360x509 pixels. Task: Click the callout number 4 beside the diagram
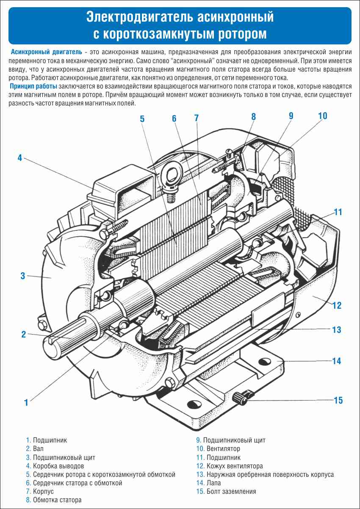click(x=19, y=158)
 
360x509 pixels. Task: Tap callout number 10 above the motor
click(x=322, y=116)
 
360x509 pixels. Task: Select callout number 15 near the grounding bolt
click(x=338, y=400)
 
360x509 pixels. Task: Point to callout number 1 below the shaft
click(x=26, y=402)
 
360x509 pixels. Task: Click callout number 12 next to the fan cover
click(x=337, y=305)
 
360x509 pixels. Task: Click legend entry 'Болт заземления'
click(x=231, y=491)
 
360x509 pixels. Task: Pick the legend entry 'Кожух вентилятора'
click(x=234, y=466)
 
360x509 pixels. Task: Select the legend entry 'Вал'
click(x=38, y=449)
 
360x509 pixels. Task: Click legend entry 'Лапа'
click(x=213, y=483)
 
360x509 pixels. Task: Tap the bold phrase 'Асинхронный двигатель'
click(x=47, y=52)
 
